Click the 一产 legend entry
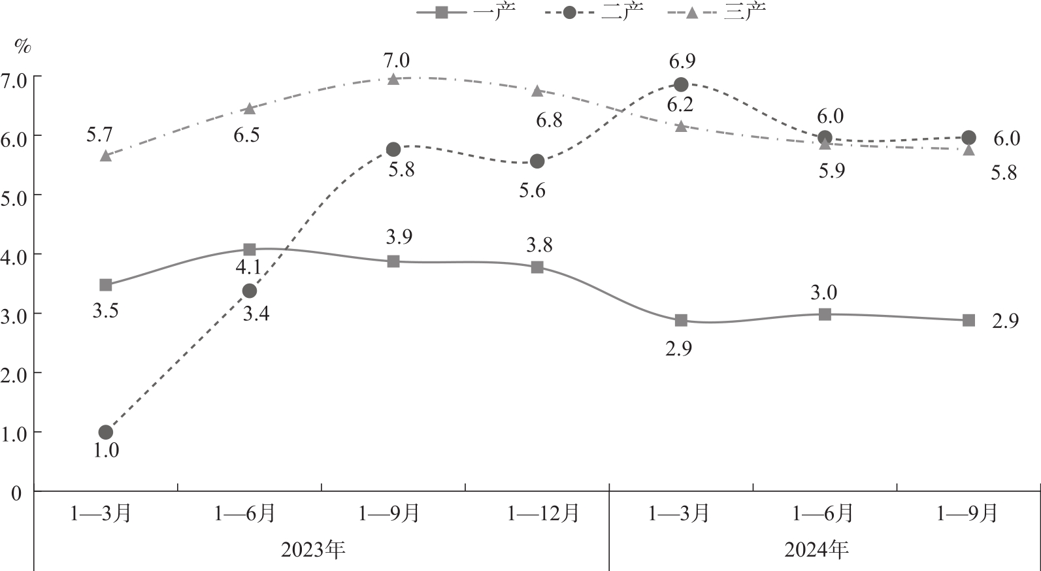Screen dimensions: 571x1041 click(x=467, y=11)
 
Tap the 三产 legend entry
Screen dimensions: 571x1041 click(x=718, y=11)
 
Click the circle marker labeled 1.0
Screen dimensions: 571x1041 click(x=106, y=432)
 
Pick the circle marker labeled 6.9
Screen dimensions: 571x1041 click(x=681, y=84)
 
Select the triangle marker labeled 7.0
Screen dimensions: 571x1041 click(x=393, y=79)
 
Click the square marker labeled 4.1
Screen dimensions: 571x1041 click(x=250, y=250)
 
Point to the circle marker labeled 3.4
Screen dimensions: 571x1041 click(x=250, y=291)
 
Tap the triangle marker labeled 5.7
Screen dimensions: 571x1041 click(x=106, y=155)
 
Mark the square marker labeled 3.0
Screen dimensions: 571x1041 click(x=825, y=314)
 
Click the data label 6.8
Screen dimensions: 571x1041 click(x=549, y=120)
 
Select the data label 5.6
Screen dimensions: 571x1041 click(x=532, y=190)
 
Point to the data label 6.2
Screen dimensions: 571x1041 click(x=680, y=105)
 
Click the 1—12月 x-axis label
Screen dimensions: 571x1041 click(x=544, y=514)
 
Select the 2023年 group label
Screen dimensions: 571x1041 click(x=314, y=549)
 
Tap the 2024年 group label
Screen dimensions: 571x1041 click(x=817, y=549)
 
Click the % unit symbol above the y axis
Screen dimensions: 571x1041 click(x=23, y=46)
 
